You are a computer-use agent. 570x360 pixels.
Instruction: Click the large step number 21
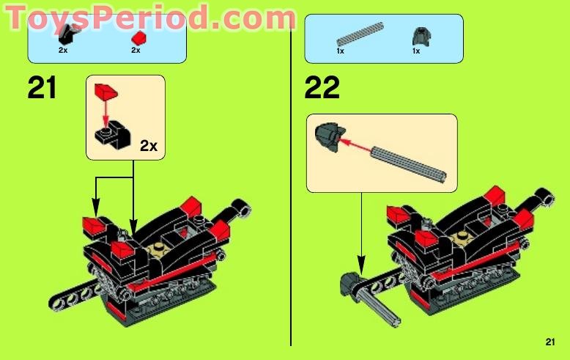42,88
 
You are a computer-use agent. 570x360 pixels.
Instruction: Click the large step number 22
322,88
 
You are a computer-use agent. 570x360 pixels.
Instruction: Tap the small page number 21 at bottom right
550,341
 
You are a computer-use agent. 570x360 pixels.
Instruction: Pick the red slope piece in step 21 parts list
136,37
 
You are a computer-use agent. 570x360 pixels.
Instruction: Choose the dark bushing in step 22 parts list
417,35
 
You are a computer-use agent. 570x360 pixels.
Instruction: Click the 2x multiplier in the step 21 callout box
149,145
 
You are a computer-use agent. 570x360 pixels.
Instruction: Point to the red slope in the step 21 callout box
106,93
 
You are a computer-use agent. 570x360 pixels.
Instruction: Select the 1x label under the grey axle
341,51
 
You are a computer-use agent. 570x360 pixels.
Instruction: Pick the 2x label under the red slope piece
136,51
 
